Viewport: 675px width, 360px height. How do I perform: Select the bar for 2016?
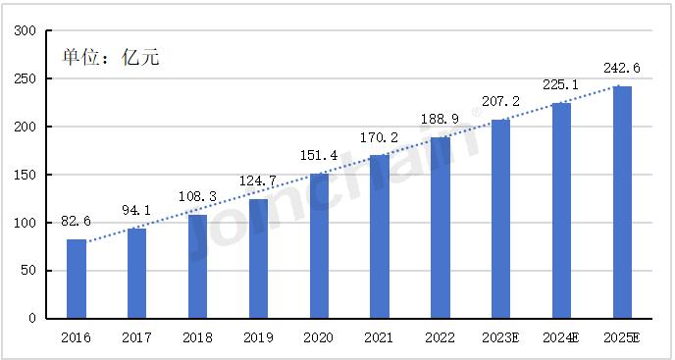[x=77, y=279]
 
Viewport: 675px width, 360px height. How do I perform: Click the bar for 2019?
[x=259, y=259]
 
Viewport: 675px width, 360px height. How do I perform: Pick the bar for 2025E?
[x=622, y=202]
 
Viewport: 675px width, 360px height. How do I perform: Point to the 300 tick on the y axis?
[x=26, y=31]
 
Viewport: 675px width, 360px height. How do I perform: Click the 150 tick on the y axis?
[x=26, y=175]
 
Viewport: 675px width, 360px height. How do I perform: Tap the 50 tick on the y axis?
[x=29, y=271]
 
